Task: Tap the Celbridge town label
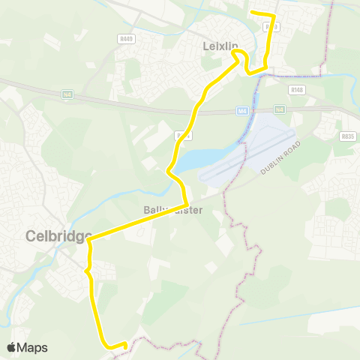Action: coord(58,235)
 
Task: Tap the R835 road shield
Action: coord(346,136)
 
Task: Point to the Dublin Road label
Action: coord(280,158)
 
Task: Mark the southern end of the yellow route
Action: coord(124,346)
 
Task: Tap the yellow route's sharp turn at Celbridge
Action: coord(89,241)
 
